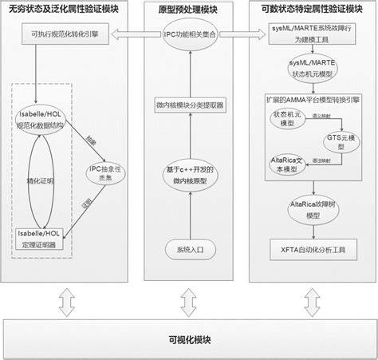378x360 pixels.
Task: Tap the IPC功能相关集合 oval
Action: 188,36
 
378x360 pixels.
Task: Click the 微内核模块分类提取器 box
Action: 188,106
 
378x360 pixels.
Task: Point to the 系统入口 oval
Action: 188,250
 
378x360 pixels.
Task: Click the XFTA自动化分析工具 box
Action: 312,251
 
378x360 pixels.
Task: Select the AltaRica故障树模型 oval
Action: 312,208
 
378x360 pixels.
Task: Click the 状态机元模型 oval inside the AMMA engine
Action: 287,119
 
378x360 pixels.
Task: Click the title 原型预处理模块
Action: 188,10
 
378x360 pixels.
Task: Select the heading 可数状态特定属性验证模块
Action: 312,10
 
